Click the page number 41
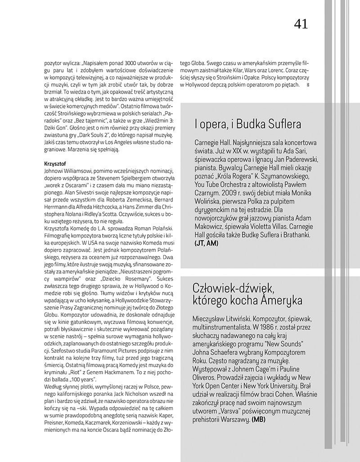[301, 24]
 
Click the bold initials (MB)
[260, 419]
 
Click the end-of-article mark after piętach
[308, 85]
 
